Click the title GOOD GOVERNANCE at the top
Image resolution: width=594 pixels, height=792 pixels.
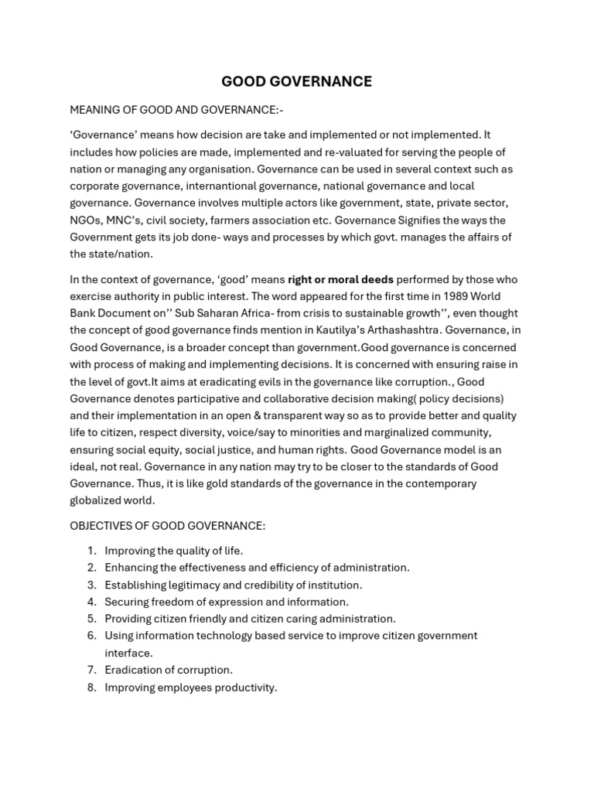coord(297,81)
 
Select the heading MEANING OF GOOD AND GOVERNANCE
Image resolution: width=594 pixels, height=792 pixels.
coord(171,110)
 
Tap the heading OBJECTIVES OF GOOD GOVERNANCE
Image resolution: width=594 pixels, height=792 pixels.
coord(167,526)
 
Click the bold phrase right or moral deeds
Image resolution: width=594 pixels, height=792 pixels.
coord(340,279)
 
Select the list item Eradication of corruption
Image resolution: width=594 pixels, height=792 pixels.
coord(169,670)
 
